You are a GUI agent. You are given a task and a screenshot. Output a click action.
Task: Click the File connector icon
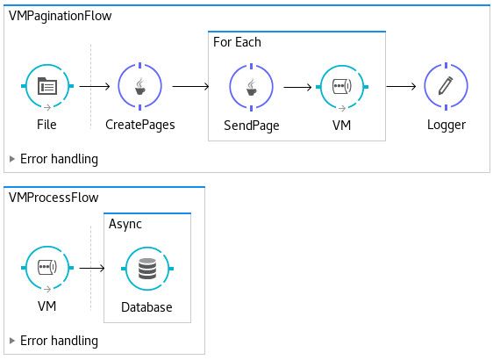tap(47, 86)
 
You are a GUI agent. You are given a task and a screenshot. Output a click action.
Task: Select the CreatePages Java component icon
tap(139, 86)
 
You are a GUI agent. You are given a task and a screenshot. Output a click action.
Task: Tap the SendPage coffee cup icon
tap(251, 87)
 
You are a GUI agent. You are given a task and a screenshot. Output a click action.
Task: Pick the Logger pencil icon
tap(446, 86)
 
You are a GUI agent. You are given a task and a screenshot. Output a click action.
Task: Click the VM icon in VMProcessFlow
tap(47, 268)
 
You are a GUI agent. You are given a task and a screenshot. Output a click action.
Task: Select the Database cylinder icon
tap(147, 269)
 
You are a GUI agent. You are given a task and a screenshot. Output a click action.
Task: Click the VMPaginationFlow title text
tap(60, 16)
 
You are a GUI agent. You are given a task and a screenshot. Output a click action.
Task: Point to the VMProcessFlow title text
tap(54, 198)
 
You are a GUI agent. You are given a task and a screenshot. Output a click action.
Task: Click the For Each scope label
tap(237, 42)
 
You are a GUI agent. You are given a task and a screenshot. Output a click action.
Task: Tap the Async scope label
tap(125, 224)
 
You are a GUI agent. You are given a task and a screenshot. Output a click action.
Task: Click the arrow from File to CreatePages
tap(95, 86)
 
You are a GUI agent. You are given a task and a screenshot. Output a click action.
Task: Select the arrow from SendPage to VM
tap(297, 87)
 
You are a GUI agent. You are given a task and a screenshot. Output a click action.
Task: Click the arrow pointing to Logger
tap(401, 86)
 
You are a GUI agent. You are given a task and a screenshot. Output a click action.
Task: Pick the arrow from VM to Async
tap(92, 268)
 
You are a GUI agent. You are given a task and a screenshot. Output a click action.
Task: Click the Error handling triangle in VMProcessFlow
tap(12, 341)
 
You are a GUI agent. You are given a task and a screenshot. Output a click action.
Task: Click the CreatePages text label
tap(139, 125)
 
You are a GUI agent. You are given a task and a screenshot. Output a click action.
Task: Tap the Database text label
tap(146, 307)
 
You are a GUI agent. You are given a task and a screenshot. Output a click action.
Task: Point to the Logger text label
tap(447, 125)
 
